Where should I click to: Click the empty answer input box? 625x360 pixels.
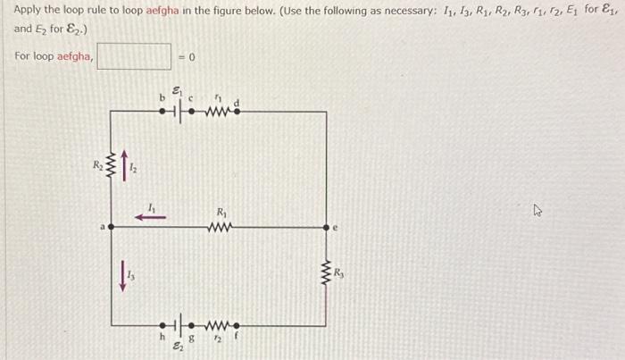134,57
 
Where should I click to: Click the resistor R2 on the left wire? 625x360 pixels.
112,164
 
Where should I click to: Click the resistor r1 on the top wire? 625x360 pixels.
216,113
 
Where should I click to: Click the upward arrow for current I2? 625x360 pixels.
126,164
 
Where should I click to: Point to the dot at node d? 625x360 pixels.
235,113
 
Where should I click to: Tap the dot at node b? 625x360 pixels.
162,113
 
